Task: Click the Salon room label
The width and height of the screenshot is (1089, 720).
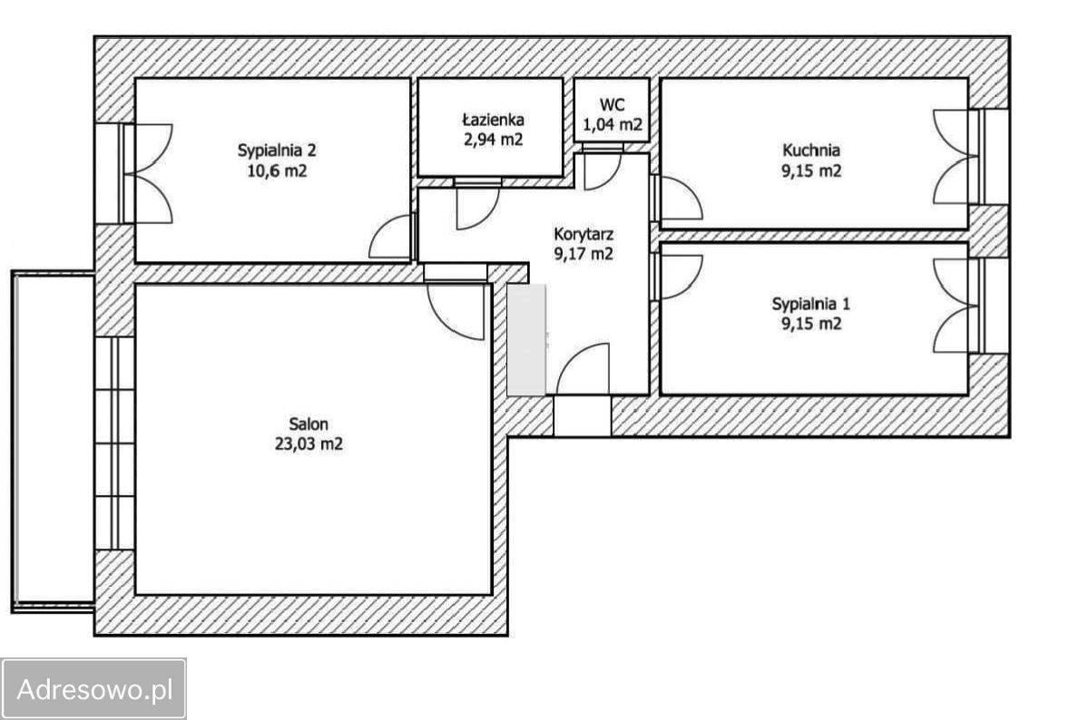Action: click(x=309, y=424)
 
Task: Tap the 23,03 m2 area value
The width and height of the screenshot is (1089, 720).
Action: click(x=309, y=444)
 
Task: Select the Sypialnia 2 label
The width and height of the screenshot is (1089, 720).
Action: click(x=277, y=151)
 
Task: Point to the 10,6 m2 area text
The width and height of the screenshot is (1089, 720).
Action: click(x=277, y=171)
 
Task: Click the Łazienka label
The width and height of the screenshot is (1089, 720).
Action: click(x=493, y=120)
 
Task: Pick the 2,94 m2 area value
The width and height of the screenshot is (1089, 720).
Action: click(x=493, y=140)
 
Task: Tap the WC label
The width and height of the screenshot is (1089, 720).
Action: click(x=612, y=104)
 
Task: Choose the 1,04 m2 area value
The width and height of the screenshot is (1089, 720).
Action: click(x=612, y=125)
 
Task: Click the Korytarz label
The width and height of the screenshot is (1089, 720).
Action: click(x=584, y=235)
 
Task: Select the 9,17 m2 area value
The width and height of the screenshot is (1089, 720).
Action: click(x=584, y=254)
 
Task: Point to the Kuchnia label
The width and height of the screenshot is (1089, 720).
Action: click(x=811, y=151)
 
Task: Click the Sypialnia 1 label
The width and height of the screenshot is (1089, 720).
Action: click(x=811, y=304)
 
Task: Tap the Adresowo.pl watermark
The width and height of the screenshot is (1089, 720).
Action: click(x=94, y=689)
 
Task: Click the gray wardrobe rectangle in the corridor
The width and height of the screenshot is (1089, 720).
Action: click(x=526, y=339)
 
